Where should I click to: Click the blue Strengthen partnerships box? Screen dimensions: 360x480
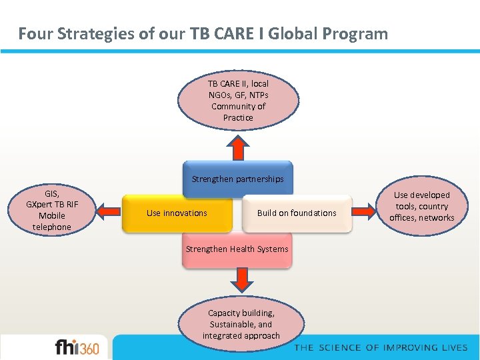(x=237, y=179)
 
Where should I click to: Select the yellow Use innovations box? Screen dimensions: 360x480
(x=177, y=213)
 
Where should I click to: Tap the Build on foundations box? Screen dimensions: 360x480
(x=297, y=213)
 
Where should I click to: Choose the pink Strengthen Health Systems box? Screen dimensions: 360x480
(x=237, y=249)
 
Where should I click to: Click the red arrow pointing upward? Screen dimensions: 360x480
(x=237, y=147)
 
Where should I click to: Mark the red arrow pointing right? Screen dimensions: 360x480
(x=365, y=212)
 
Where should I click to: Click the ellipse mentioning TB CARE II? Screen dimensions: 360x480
(x=238, y=101)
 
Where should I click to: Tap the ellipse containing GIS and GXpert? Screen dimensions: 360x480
(x=51, y=209)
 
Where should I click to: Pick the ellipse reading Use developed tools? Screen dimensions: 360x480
(x=421, y=206)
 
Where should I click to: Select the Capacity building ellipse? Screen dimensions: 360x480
(x=241, y=324)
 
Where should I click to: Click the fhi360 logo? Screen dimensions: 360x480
(x=77, y=347)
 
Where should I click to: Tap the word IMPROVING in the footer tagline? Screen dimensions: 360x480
(x=396, y=347)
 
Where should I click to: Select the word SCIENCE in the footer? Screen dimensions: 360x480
(x=339, y=347)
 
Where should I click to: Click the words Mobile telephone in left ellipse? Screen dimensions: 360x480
(x=51, y=221)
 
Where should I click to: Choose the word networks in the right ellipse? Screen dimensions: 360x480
(x=436, y=218)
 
